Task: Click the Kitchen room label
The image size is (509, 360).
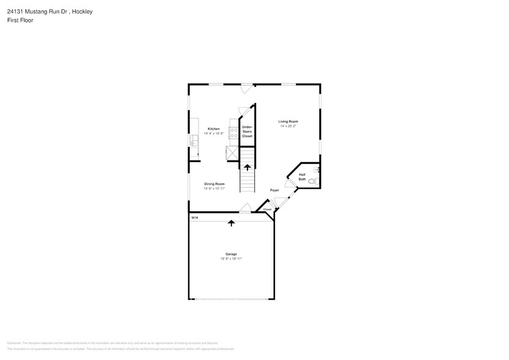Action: (213, 129)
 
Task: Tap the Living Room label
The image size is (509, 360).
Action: (288, 122)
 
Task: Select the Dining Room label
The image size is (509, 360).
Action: (214, 184)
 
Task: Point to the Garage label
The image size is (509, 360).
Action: (231, 253)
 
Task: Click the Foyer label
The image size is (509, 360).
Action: (274, 190)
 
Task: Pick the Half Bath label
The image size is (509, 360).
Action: (302, 176)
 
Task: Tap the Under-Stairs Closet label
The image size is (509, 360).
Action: (247, 131)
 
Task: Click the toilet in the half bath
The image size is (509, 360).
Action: (312, 182)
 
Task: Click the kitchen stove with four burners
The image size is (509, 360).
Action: (233, 132)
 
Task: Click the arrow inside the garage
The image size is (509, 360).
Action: (231, 223)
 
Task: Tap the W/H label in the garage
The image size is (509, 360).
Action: (194, 218)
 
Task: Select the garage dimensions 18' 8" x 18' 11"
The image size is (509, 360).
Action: (231, 258)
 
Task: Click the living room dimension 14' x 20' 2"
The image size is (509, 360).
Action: (288, 126)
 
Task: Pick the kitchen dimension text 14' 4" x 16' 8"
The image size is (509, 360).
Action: (213, 133)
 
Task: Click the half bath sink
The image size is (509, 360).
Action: (317, 168)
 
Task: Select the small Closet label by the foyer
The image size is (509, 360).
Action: (267, 209)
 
